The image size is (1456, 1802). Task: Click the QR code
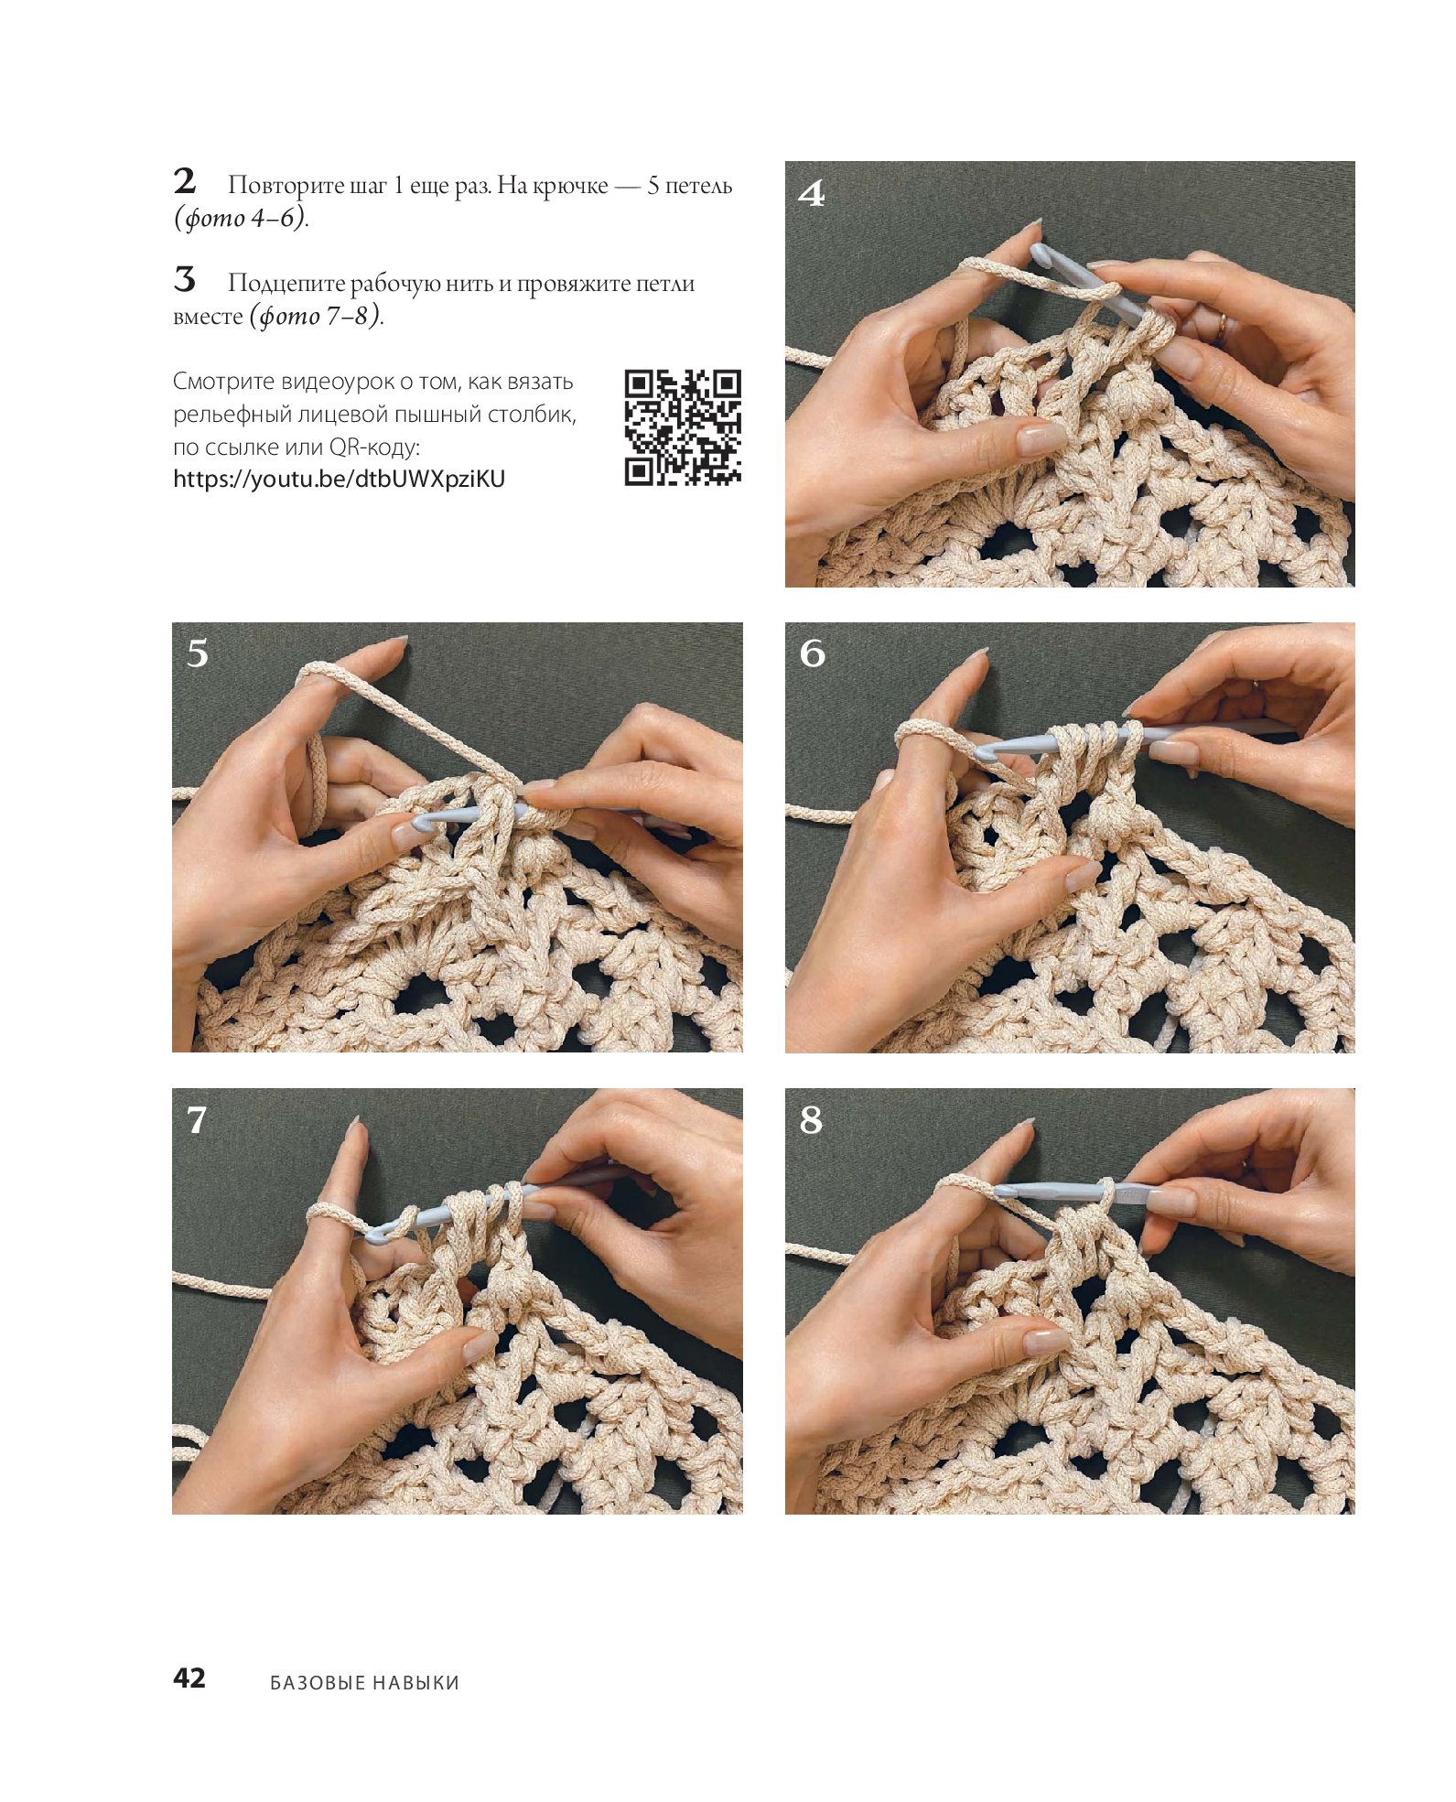point(683,426)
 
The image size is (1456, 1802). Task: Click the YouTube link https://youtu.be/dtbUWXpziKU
point(339,479)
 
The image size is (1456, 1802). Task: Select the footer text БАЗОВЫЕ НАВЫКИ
point(364,1682)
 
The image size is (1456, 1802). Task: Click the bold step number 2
point(185,181)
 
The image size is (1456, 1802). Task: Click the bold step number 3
point(185,279)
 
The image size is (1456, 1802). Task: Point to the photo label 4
point(812,193)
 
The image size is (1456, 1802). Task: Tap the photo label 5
point(198,653)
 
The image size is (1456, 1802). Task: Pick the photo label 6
point(812,653)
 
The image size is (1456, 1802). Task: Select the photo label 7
point(197,1119)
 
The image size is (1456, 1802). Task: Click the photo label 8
point(811,1119)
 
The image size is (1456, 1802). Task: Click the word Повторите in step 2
point(286,186)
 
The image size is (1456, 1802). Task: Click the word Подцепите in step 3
point(286,284)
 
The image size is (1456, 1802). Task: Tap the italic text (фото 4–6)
point(241,218)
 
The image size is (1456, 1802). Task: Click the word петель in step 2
point(698,186)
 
